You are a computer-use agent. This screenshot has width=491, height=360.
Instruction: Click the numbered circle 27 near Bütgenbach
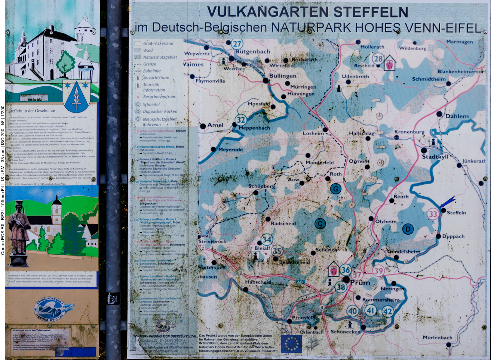tap(237, 44)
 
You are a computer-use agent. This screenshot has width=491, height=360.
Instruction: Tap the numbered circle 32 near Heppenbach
tap(241, 120)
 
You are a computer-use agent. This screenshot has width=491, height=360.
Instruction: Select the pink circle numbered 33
tap(433, 214)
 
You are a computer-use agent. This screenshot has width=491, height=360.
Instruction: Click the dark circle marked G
tap(335, 189)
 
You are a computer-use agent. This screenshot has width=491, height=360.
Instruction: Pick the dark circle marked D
tap(408, 229)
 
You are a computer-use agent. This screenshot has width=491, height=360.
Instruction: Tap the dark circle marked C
tap(320, 224)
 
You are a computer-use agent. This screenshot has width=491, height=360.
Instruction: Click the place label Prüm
tap(360, 283)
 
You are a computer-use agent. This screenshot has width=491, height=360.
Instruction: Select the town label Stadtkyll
tap(435, 157)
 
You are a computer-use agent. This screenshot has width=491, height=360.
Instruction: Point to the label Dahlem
tap(457, 116)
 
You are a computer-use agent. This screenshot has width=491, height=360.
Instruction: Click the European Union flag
tap(291, 344)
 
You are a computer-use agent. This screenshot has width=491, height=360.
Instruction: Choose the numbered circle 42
tap(388, 311)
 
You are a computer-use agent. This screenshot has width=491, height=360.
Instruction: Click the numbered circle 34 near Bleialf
tap(267, 240)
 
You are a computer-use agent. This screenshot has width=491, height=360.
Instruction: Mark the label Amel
tap(215, 125)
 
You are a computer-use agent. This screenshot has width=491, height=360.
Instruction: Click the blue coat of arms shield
tap(76, 96)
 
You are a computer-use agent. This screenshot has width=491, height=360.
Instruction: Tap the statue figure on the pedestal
tap(19, 228)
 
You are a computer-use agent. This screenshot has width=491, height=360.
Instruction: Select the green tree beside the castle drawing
tap(65, 62)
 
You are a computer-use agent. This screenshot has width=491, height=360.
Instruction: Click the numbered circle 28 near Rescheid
tap(378, 58)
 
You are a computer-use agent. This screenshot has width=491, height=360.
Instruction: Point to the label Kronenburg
tap(409, 132)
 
